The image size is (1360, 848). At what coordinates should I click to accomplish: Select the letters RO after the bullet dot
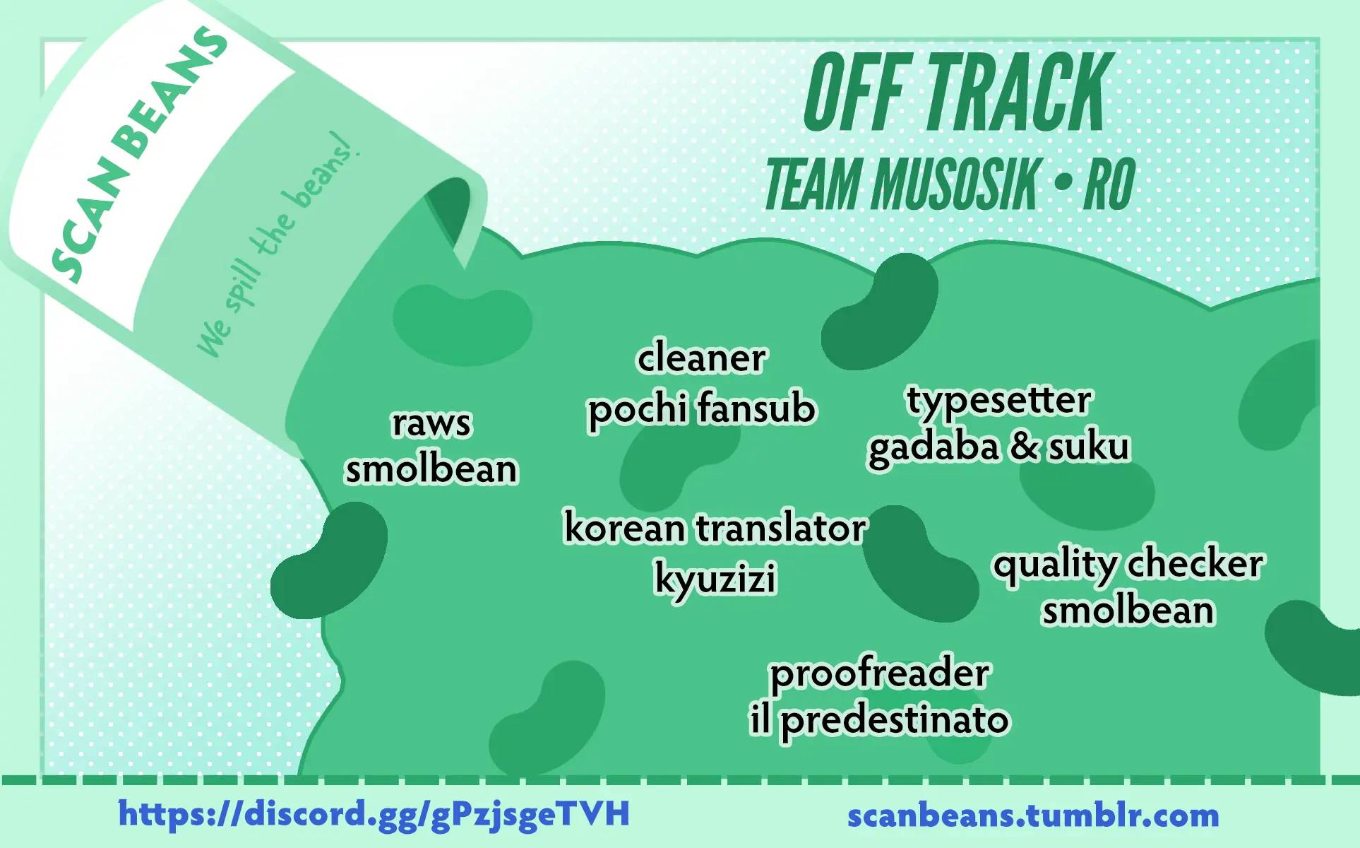1110,184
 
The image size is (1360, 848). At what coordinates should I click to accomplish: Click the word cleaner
701,358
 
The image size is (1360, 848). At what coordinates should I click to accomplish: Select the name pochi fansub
702,408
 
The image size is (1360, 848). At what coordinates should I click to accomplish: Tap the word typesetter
998,400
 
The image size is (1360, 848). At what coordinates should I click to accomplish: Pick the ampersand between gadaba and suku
1024,447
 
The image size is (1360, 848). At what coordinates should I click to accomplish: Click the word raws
431,423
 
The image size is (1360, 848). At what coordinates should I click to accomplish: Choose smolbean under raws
431,469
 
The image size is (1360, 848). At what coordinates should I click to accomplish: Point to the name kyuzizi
715,578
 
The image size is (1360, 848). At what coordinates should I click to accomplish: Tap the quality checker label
1128,564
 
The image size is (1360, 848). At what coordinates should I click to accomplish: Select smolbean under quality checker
1128,610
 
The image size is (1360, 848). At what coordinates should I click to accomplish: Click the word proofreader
879,673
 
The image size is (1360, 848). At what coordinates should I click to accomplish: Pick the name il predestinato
879,720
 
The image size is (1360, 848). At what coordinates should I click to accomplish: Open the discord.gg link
374,813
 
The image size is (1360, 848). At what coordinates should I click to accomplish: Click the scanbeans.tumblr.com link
1033,815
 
